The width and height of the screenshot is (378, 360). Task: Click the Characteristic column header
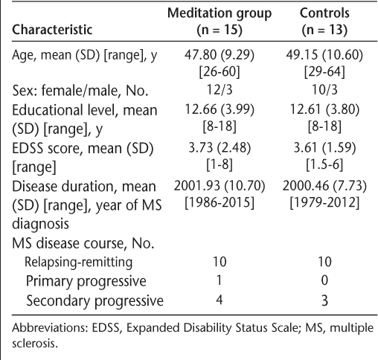tap(52, 30)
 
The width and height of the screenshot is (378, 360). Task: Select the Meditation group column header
tap(220, 22)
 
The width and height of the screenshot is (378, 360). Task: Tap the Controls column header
tap(324, 22)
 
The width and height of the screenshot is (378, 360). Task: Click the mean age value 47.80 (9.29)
tap(220, 54)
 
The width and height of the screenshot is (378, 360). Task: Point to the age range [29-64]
tap(324, 72)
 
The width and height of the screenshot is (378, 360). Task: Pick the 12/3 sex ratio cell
tap(220, 89)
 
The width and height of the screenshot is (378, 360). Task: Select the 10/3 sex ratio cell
tap(324, 89)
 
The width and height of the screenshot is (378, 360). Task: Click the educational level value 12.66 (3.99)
tap(220, 109)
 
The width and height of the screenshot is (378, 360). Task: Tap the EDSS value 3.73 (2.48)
tap(220, 147)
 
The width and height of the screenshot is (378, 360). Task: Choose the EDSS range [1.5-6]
tap(324, 164)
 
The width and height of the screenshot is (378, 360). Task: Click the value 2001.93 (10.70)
tap(220, 186)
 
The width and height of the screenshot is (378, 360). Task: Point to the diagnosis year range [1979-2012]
tap(324, 203)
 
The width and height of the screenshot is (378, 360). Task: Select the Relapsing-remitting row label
tap(78, 263)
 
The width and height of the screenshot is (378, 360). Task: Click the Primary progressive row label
tap(86, 281)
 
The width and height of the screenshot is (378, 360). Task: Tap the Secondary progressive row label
tap(94, 300)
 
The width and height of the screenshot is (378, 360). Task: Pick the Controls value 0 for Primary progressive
tap(324, 280)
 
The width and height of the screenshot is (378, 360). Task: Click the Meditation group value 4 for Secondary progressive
tap(220, 300)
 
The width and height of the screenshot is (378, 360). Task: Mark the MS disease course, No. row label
tap(83, 243)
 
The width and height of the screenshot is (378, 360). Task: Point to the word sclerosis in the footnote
tap(35, 344)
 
